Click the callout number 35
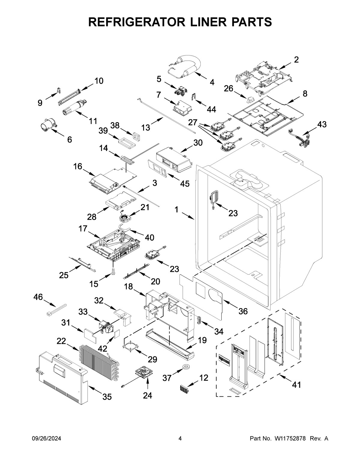pyautogui.click(x=107, y=397)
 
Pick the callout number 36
pyautogui.click(x=243, y=311)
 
